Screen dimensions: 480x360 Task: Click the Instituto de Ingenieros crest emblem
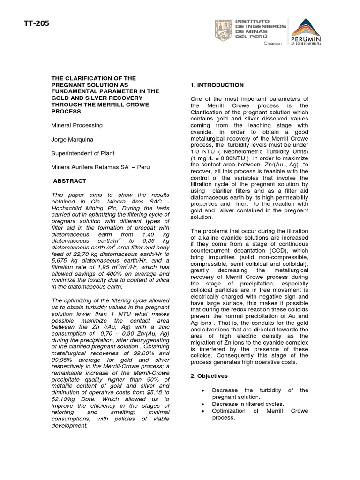click(x=222, y=31)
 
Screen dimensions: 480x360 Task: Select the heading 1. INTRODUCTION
click(x=217, y=85)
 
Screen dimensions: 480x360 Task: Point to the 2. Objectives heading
click(x=209, y=376)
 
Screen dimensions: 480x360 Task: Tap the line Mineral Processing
click(x=77, y=126)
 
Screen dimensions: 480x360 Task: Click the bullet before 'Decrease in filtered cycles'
click(x=202, y=404)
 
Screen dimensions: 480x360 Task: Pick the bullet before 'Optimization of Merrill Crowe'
click(x=202, y=411)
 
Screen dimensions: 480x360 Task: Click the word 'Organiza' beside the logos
click(x=273, y=43)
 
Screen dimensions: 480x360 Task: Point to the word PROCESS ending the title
click(x=67, y=112)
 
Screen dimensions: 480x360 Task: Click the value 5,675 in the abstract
click(x=61, y=266)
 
